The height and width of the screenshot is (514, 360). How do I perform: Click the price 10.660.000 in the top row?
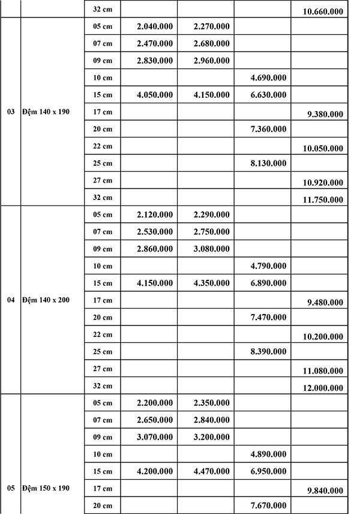pos(325,11)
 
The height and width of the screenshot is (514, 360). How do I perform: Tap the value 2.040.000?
pos(155,26)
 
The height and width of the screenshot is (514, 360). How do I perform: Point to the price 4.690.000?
pos(268,77)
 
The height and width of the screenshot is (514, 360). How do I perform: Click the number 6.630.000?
pos(268,95)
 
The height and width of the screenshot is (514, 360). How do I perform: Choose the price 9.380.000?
pos(325,114)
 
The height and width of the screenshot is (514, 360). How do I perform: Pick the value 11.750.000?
pos(325,200)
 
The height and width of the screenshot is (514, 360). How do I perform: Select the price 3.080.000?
pos(212,249)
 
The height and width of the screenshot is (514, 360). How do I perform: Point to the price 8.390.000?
pos(268,351)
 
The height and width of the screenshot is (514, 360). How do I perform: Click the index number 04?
pos(11,300)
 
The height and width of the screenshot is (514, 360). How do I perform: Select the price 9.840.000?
pos(325,491)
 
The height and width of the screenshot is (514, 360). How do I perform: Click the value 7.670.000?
pos(268,506)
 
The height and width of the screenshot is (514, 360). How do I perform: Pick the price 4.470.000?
pos(212,471)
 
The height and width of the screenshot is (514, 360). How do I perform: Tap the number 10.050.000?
pos(325,148)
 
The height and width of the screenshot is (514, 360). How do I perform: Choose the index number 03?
pos(11,112)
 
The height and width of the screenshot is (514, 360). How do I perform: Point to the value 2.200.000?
pos(155,403)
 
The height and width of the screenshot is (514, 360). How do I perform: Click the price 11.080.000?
pos(325,371)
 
